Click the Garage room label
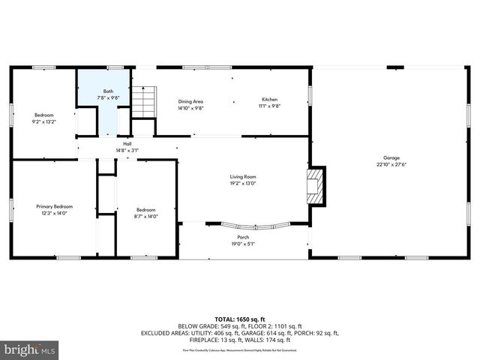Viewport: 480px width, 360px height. coord(391,158)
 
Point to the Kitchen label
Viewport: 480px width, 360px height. coord(270,100)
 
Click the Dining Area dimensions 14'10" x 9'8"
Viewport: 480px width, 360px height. coord(190,108)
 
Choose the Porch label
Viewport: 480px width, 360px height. coord(244,237)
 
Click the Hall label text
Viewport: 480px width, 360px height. coord(127,143)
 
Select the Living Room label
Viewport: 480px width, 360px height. coord(243,176)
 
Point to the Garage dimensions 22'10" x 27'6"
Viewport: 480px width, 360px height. coord(391,165)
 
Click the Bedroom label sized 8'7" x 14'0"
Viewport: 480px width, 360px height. coord(145,209)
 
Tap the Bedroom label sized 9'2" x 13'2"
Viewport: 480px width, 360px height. coord(43,115)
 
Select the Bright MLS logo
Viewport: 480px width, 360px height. coord(30,349)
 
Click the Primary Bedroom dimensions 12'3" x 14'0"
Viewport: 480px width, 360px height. coord(55,213)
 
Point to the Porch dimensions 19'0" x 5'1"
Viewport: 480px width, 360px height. coord(244,244)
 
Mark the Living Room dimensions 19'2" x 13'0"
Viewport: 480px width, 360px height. coord(243,183)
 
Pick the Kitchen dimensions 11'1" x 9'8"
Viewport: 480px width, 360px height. coord(270,107)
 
